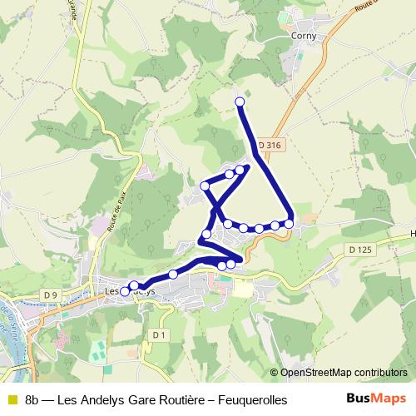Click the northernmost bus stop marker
240,102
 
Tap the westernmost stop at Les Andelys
126,291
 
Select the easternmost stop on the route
290,223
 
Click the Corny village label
302,36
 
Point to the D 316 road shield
270,145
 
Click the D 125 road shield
360,250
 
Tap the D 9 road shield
50,295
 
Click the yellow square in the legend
11,400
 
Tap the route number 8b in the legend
33,400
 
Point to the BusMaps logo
376,399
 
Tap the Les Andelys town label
129,291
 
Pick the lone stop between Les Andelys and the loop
173,274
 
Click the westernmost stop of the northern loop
206,185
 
